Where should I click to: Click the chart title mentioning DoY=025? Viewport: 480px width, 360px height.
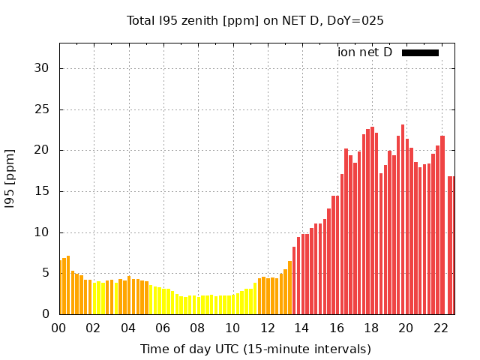(255, 21)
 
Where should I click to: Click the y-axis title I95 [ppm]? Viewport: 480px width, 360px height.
(10, 178)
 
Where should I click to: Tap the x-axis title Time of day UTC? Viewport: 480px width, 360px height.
(255, 349)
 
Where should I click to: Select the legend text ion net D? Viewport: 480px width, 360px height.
(364, 52)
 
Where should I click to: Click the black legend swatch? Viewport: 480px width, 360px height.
(420, 52)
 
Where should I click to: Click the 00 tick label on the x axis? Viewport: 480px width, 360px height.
(59, 328)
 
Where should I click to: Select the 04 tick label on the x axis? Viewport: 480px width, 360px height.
(128, 328)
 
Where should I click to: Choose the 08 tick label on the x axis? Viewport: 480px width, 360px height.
(198, 328)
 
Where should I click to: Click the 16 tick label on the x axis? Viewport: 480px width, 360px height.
(337, 328)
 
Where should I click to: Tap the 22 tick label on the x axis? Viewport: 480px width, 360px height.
(441, 328)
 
